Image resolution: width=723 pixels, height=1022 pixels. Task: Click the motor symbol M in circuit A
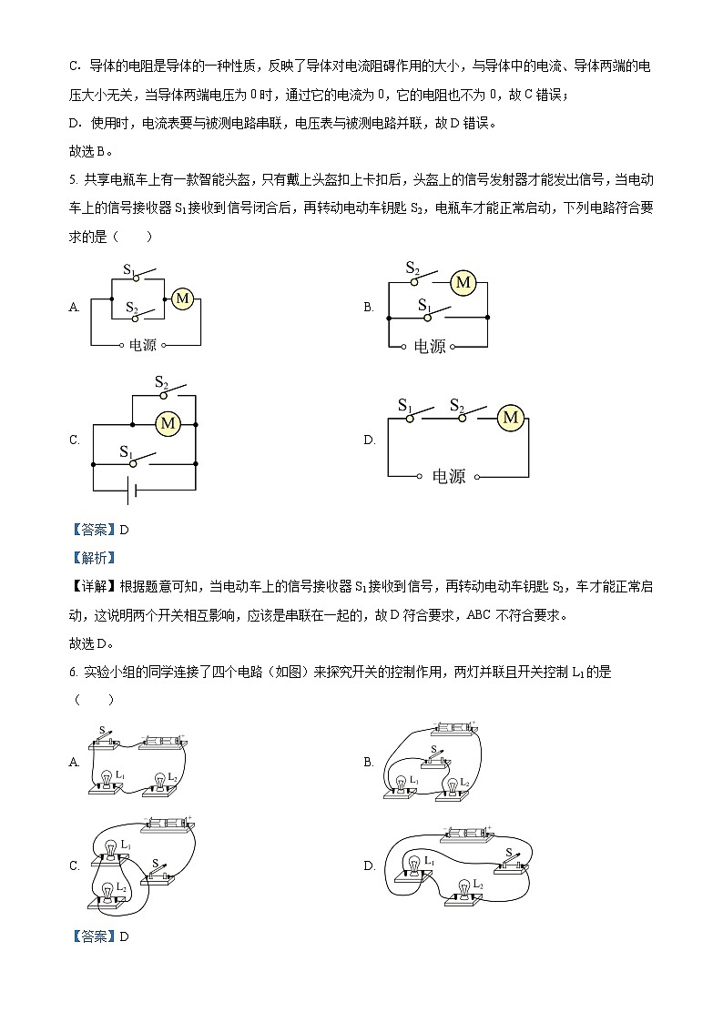click(182, 298)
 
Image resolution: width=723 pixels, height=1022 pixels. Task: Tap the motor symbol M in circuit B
click(463, 282)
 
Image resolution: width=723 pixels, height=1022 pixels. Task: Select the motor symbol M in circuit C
click(167, 422)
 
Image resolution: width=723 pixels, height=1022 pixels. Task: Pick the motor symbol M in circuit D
click(511, 418)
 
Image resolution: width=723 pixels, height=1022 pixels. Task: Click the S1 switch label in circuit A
click(129, 269)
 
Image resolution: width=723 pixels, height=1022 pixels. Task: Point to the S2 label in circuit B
click(412, 268)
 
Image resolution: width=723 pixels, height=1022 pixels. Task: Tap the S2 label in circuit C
click(161, 382)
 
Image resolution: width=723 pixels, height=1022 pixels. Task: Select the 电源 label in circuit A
click(144, 345)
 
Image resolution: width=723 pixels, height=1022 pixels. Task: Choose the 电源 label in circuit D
click(448, 476)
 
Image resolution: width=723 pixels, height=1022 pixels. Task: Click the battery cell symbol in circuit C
click(131, 491)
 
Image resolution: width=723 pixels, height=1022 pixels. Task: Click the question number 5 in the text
click(72, 180)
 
